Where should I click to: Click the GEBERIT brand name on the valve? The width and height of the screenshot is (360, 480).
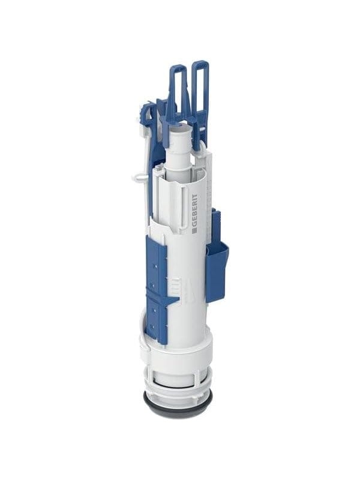[194, 211]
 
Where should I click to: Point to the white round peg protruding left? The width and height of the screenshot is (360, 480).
[139, 177]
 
